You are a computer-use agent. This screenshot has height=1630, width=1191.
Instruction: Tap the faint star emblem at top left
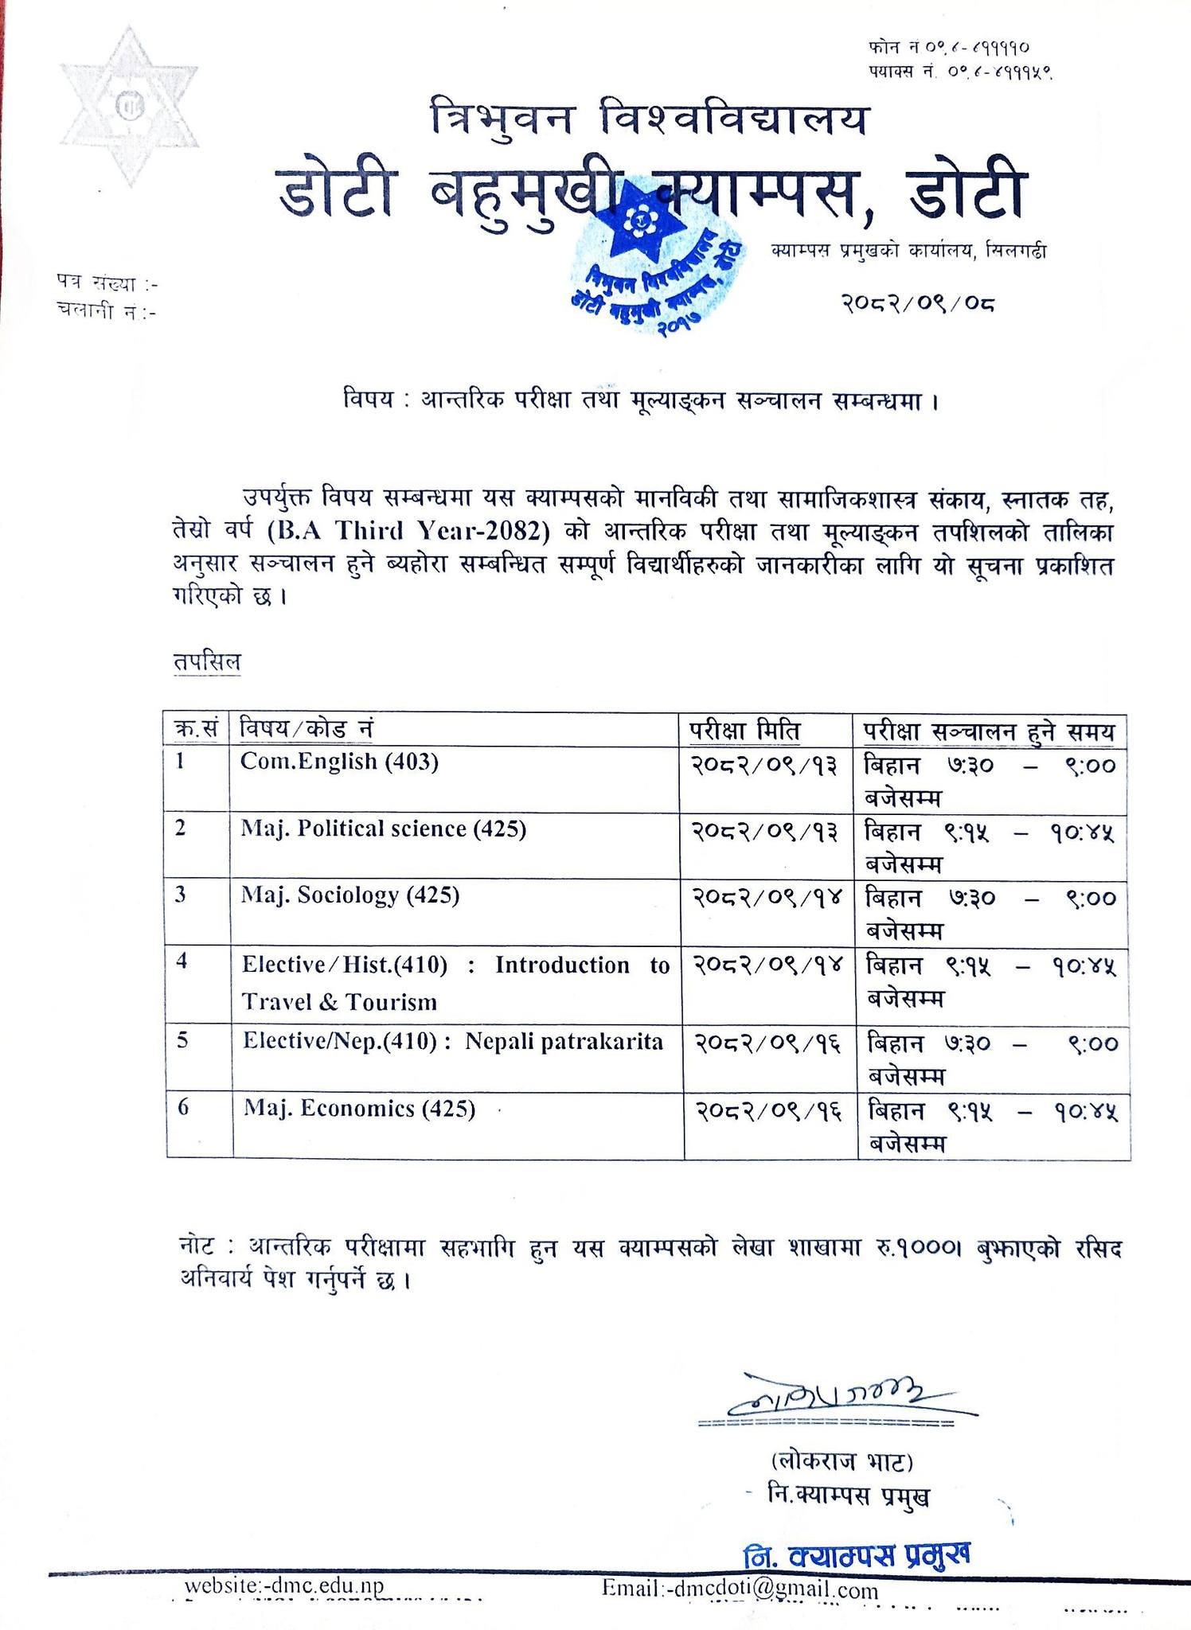(x=127, y=107)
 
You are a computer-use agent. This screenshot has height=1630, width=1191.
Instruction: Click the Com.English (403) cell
(x=339, y=762)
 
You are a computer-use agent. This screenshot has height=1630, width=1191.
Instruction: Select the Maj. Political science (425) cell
(x=383, y=829)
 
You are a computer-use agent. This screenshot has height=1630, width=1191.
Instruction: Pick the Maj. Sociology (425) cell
(x=350, y=896)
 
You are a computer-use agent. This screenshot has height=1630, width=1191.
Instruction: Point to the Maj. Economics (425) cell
(x=359, y=1109)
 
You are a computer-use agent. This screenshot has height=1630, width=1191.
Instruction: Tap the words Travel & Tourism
(x=339, y=1001)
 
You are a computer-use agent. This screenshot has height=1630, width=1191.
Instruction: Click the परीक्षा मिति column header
(x=745, y=730)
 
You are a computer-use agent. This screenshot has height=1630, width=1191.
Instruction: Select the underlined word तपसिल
(x=208, y=662)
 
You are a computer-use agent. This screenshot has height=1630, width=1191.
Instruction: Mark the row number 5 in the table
(x=182, y=1041)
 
